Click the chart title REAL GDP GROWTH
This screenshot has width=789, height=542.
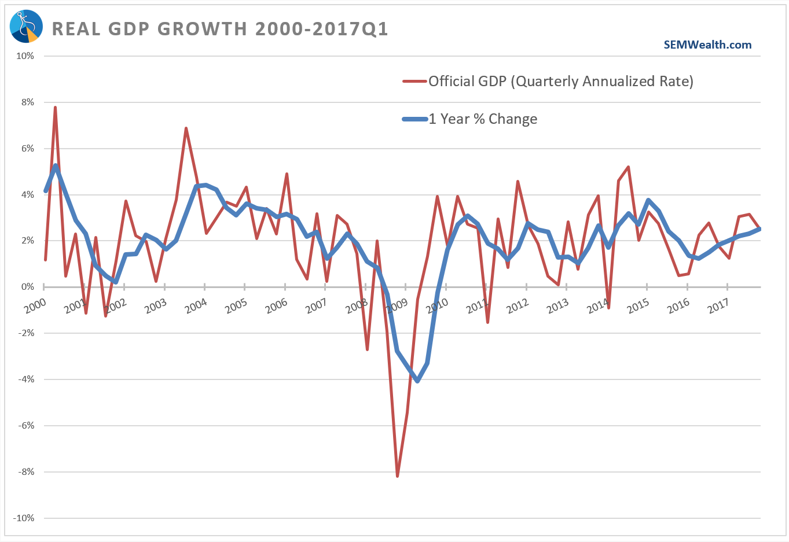pyautogui.click(x=220, y=29)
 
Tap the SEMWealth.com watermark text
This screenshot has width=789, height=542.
pyautogui.click(x=707, y=45)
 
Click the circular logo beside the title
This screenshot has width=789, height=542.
pyautogui.click(x=26, y=27)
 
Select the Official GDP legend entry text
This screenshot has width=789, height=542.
pyautogui.click(x=560, y=81)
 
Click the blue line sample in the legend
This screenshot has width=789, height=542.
pyautogui.click(x=414, y=119)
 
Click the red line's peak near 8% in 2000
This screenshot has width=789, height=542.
pyautogui.click(x=55, y=108)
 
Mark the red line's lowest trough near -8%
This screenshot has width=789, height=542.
pyautogui.click(x=397, y=475)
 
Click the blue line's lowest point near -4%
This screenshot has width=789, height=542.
pyautogui.click(x=417, y=381)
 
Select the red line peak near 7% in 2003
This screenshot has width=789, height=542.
pyautogui.click(x=186, y=128)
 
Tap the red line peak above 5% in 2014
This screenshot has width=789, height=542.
pyautogui.click(x=628, y=167)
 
